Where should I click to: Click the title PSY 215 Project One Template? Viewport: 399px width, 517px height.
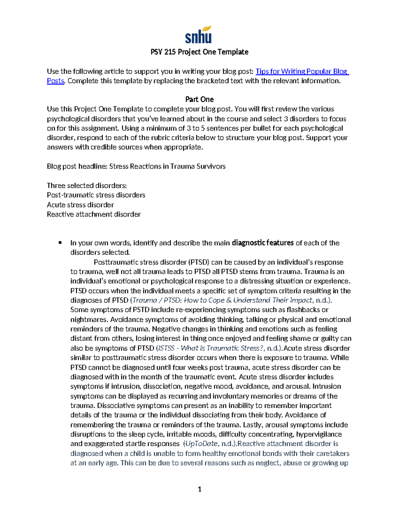click(199, 52)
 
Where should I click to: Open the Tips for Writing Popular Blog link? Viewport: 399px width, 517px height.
click(302, 71)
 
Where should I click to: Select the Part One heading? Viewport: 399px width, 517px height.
click(199, 100)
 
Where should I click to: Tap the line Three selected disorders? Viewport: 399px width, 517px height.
click(86, 185)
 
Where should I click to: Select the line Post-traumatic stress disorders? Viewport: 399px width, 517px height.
click(96, 195)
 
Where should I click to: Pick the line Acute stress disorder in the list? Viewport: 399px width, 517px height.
click(80, 205)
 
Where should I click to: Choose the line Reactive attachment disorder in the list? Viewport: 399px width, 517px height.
click(93, 214)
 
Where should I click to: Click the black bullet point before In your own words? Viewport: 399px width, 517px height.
click(60, 243)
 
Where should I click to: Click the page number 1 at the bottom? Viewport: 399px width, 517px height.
click(199, 489)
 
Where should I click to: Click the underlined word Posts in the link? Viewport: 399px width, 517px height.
click(55, 81)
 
